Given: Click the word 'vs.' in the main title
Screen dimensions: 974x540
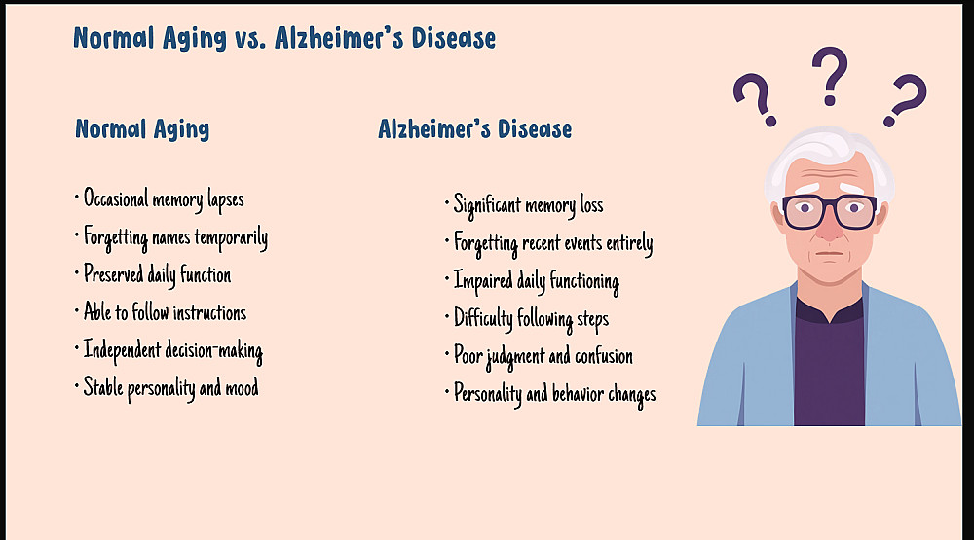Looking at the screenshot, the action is tap(250, 39).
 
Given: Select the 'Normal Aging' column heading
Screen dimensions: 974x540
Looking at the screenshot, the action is tap(142, 129).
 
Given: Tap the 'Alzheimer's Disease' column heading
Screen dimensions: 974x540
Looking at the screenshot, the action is tap(475, 129).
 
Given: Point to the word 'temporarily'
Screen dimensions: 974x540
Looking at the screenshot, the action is tap(231, 237).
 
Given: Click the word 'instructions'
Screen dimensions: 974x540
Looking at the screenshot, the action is tap(209, 313).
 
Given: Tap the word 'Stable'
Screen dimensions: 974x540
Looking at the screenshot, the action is tap(103, 387).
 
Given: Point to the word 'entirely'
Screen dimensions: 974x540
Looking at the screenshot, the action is tap(629, 243).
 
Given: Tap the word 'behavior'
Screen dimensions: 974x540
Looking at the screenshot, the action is tap(578, 394).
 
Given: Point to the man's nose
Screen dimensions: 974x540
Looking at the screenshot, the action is tap(830, 227).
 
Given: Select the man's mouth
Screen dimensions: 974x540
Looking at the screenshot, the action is tap(830, 253).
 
